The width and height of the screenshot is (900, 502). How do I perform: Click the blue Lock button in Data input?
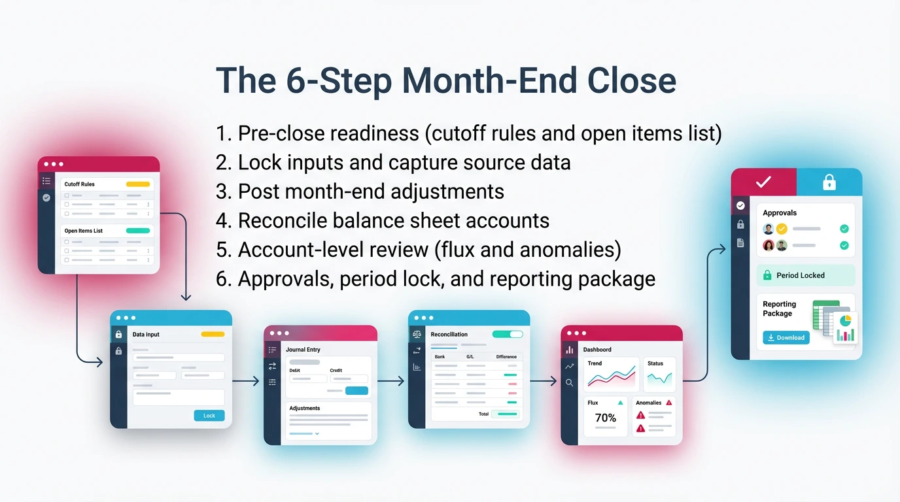tap(209, 416)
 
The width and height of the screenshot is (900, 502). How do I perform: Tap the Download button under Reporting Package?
tap(786, 337)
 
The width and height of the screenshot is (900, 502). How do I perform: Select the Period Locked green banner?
tap(806, 275)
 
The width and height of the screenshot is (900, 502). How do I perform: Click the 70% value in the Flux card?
tap(605, 418)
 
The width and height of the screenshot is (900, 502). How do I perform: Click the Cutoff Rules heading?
tap(79, 184)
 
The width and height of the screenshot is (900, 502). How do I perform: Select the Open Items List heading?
tap(83, 231)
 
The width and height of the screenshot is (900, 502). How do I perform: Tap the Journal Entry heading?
tap(303, 350)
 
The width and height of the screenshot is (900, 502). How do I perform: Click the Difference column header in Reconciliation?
tap(506, 357)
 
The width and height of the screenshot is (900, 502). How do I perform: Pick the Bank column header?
tap(440, 357)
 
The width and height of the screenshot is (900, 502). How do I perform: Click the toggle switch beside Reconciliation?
tap(508, 334)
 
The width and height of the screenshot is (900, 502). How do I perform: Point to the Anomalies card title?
tap(649, 403)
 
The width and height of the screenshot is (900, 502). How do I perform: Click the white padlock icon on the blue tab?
tap(829, 182)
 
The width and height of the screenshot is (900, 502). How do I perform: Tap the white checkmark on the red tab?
tap(763, 182)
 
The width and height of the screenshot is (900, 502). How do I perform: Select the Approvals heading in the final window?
tap(780, 212)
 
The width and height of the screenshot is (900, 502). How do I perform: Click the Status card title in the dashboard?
tap(655, 363)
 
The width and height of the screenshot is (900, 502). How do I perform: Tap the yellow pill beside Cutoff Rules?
tap(138, 184)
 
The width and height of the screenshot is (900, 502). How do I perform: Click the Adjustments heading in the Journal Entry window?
tap(304, 408)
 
